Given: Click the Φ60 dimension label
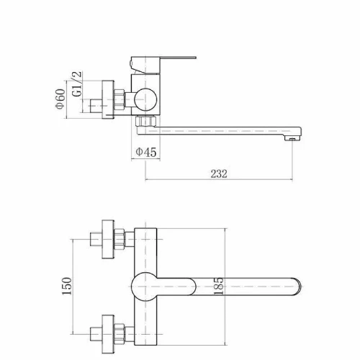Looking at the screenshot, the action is click(60, 99).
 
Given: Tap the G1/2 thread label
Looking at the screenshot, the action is click(77, 84).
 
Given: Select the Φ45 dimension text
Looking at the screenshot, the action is click(146, 152).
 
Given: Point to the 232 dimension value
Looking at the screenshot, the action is click(219, 174).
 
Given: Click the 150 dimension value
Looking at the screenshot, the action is click(67, 286).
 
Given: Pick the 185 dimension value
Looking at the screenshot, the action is click(218, 286).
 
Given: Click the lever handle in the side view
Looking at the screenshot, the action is click(163, 65).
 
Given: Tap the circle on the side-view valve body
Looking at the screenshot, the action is click(145, 99).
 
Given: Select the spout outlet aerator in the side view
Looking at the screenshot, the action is click(292, 138).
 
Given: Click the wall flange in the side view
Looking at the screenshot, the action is click(108, 99).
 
